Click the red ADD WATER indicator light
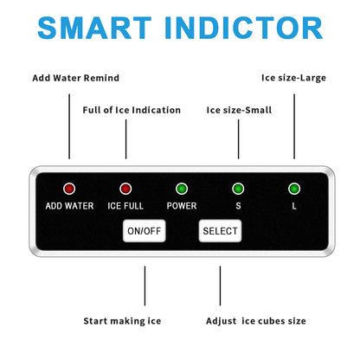point(69,189)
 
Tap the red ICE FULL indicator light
point(125,189)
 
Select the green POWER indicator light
point(182,189)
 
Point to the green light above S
point(238,189)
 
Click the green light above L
point(294,189)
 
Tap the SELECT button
point(220,231)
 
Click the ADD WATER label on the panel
point(69,206)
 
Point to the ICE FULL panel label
point(125,206)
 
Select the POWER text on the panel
point(182,206)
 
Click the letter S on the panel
point(238,206)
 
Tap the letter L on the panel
point(294,206)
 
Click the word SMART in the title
point(94,28)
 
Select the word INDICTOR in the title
point(244,28)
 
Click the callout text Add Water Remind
point(76,78)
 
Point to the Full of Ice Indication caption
point(132,110)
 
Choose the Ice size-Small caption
point(239,110)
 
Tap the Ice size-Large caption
point(293,78)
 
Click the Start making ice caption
point(122,321)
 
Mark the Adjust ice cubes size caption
point(256,321)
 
